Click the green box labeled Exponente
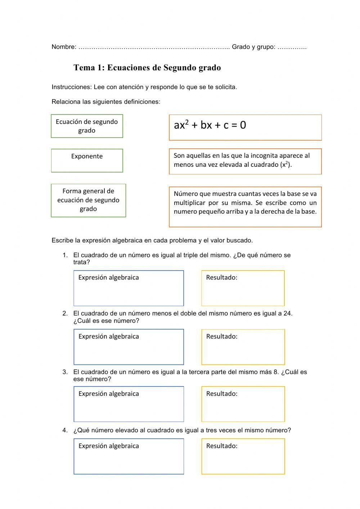87,160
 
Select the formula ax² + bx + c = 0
210,125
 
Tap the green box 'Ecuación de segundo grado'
87,126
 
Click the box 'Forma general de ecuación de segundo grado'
88,200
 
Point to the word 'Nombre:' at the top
64,47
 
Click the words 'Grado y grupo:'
253,47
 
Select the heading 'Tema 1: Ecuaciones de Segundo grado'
147,68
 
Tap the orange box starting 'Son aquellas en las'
245,161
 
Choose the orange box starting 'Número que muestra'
245,206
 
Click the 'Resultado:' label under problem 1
221,277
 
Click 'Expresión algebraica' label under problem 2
108,336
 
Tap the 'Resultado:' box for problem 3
243,404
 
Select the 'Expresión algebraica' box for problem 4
129,456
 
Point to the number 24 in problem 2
287,313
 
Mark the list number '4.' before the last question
65,430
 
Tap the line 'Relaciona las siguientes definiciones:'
106,102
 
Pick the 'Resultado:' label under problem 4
221,446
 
